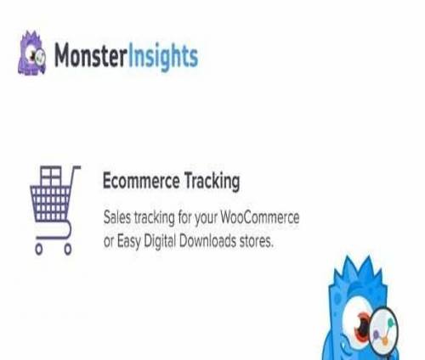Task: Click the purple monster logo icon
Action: [x=31, y=53]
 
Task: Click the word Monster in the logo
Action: [x=90, y=55]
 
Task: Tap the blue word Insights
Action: [x=163, y=57]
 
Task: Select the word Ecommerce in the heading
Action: [x=141, y=181]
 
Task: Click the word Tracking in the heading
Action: [x=212, y=182]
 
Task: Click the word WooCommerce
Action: [x=260, y=217]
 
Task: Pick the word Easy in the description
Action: [x=129, y=242]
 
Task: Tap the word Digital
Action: [x=160, y=242]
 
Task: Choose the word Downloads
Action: [x=207, y=241]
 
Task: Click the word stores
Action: [x=257, y=242]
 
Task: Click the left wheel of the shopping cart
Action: [x=39, y=249]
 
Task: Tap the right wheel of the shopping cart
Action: [x=68, y=249]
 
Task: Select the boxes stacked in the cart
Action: [x=51, y=176]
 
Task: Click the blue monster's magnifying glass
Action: [x=384, y=330]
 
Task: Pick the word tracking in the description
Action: [x=155, y=218]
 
